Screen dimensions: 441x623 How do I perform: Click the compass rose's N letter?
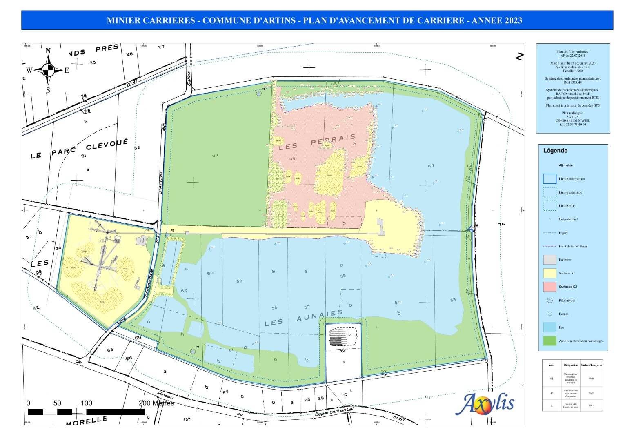click(48, 51)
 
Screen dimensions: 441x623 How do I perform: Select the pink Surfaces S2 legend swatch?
click(550, 287)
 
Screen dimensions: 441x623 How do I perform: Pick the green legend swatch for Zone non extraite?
click(550, 341)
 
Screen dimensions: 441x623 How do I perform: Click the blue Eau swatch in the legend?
click(550, 327)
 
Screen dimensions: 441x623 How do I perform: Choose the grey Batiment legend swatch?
click(550, 260)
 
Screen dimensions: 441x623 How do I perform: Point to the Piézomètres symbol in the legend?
click(550, 301)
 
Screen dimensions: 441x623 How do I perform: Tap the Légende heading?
click(555, 151)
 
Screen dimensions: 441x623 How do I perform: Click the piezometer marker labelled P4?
click(259, 94)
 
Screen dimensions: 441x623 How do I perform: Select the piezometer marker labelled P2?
click(193, 351)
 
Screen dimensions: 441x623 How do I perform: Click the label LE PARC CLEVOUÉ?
click(80, 149)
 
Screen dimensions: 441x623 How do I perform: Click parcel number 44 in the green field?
click(215, 155)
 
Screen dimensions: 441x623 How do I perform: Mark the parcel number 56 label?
click(342, 350)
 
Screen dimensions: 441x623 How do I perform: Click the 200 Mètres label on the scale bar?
click(156, 403)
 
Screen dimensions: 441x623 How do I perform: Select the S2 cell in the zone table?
click(552, 394)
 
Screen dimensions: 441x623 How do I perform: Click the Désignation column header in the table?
click(570, 365)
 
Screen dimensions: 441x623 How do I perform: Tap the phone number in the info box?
click(573, 125)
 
